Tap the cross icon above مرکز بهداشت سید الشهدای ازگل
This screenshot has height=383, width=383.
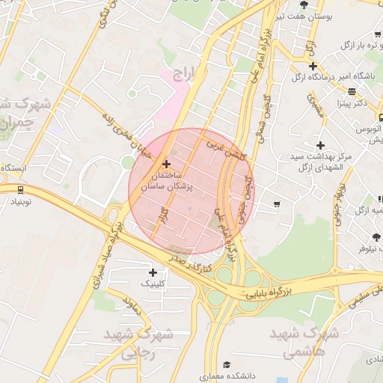click(321, 145)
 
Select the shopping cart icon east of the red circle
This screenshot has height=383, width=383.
click(277, 203)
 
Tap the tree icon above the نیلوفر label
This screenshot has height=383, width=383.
click(376, 237)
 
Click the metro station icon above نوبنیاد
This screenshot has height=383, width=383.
click(19, 189)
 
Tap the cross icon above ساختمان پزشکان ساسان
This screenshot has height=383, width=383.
click(166, 163)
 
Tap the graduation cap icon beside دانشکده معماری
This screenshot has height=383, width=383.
click(203, 376)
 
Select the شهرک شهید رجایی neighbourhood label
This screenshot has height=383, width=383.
click(139, 343)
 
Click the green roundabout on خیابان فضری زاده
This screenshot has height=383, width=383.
click(129, 161)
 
